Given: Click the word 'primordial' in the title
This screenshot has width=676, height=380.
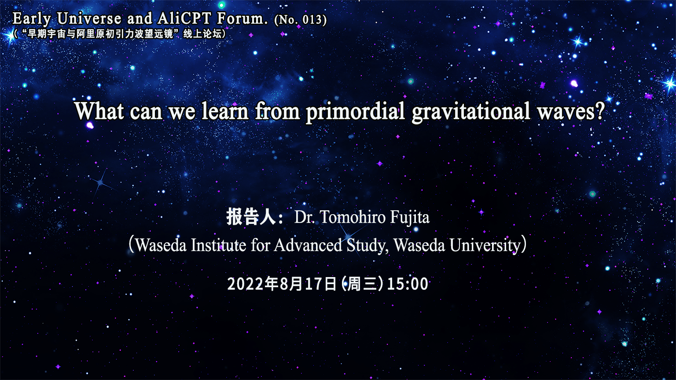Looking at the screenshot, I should tap(355, 111).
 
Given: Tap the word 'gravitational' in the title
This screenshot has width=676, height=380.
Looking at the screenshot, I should tap(471, 111).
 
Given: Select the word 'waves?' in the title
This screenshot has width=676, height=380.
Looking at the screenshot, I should tap(571, 111).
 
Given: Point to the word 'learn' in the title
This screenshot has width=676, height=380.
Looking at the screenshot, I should tap(225, 111).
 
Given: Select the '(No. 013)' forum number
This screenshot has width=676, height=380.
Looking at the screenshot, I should tap(301, 20).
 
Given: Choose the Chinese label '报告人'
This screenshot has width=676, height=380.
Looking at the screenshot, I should tap(251, 217).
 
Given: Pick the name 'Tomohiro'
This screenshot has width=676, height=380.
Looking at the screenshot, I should tap(348, 217).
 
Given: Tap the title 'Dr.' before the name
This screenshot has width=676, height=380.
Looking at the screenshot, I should tap(304, 217).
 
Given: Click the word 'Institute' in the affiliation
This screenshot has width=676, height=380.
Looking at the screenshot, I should tap(218, 245).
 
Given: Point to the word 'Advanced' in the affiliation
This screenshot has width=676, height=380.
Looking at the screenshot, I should tap(308, 245).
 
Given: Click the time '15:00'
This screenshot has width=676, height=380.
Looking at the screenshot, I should tap(408, 284).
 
